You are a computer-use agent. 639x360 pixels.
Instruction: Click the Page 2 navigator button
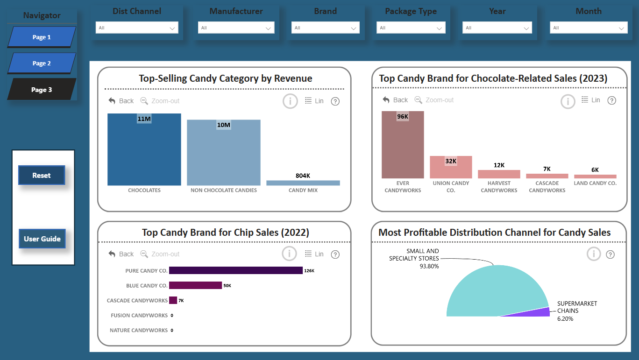pyautogui.click(x=42, y=63)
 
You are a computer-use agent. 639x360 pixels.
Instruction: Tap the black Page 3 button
pyautogui.click(x=42, y=90)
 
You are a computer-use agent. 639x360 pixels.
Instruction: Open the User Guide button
pyautogui.click(x=42, y=239)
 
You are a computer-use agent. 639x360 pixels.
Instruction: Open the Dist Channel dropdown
pyautogui.click(x=137, y=28)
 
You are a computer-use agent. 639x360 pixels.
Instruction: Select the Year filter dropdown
pyautogui.click(x=497, y=28)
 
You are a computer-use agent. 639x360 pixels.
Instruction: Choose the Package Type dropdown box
pyautogui.click(x=411, y=28)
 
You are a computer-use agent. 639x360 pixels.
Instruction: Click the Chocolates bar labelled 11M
pyautogui.click(x=144, y=149)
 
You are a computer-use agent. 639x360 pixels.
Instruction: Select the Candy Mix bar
pyautogui.click(x=303, y=183)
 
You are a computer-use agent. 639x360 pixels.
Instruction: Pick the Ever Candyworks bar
pyautogui.click(x=403, y=145)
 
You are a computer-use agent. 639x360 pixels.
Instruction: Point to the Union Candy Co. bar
pyautogui.click(x=451, y=167)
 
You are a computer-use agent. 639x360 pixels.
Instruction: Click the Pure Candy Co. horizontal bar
pyautogui.click(x=235, y=270)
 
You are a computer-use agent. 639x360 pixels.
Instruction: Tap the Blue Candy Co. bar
pyautogui.click(x=195, y=285)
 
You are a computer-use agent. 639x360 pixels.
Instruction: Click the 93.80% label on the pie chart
pyautogui.click(x=429, y=266)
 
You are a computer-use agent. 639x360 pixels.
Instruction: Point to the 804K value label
pyautogui.click(x=303, y=176)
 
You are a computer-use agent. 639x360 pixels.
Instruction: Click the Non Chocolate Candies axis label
pyautogui.click(x=224, y=190)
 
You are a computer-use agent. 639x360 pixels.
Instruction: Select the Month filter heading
pyautogui.click(x=589, y=11)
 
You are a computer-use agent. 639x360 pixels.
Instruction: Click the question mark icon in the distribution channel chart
pyautogui.click(x=610, y=254)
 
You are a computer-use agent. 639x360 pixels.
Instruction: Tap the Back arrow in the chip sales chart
pyautogui.click(x=112, y=254)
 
